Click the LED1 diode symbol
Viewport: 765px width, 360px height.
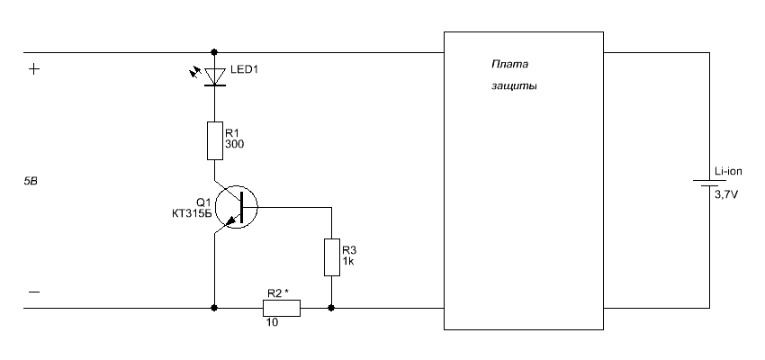point(215,77)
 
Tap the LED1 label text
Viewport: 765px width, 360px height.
point(244,70)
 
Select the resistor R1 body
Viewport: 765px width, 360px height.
point(215,140)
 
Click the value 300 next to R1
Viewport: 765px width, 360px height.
point(234,144)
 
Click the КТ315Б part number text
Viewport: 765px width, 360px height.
point(192,212)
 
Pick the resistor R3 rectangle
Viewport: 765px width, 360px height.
point(332,257)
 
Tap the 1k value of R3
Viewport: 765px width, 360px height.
point(348,261)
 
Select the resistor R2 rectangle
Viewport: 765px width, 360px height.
point(282,309)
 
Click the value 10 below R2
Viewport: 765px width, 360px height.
point(273,322)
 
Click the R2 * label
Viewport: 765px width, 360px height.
point(278,293)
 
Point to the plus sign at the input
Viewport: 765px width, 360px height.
point(33,69)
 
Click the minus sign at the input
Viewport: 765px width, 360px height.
point(34,292)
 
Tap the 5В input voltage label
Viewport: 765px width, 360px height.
point(31,182)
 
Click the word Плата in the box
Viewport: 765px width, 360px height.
point(509,65)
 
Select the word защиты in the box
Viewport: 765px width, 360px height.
point(514,86)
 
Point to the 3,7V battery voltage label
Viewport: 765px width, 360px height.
point(726,195)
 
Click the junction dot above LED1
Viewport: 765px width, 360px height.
point(214,51)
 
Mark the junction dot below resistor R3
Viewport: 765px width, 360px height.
point(331,308)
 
